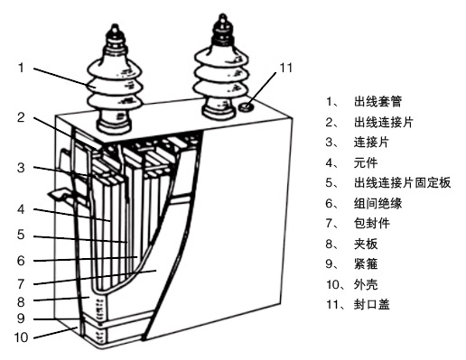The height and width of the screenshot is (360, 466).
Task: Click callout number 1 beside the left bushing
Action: (x=21, y=68)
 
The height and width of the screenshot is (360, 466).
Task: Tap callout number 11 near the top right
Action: (x=286, y=68)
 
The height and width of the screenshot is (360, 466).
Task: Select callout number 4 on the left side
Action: (x=21, y=209)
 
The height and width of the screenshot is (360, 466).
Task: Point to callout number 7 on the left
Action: (x=21, y=284)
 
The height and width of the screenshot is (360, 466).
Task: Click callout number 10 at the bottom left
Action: (x=21, y=337)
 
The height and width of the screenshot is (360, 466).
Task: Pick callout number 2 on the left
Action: (x=21, y=117)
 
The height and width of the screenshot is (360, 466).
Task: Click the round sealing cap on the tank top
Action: (x=246, y=106)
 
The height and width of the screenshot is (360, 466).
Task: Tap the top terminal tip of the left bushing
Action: (x=115, y=28)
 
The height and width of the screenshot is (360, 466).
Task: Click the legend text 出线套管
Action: (x=377, y=102)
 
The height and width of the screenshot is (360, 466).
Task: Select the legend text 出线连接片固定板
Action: (x=402, y=183)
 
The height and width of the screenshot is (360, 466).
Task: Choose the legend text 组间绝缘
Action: (x=377, y=203)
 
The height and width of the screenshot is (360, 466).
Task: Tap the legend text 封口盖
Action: (x=372, y=304)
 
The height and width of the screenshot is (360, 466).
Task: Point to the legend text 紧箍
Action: (x=366, y=264)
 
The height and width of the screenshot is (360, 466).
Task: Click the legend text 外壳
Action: (x=366, y=284)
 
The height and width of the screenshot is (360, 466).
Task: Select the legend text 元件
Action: (x=366, y=162)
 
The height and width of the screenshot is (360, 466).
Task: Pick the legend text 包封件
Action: (x=372, y=224)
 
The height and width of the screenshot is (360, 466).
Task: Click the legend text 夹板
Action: (x=366, y=244)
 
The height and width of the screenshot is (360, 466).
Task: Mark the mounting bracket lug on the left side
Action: (x=61, y=195)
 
